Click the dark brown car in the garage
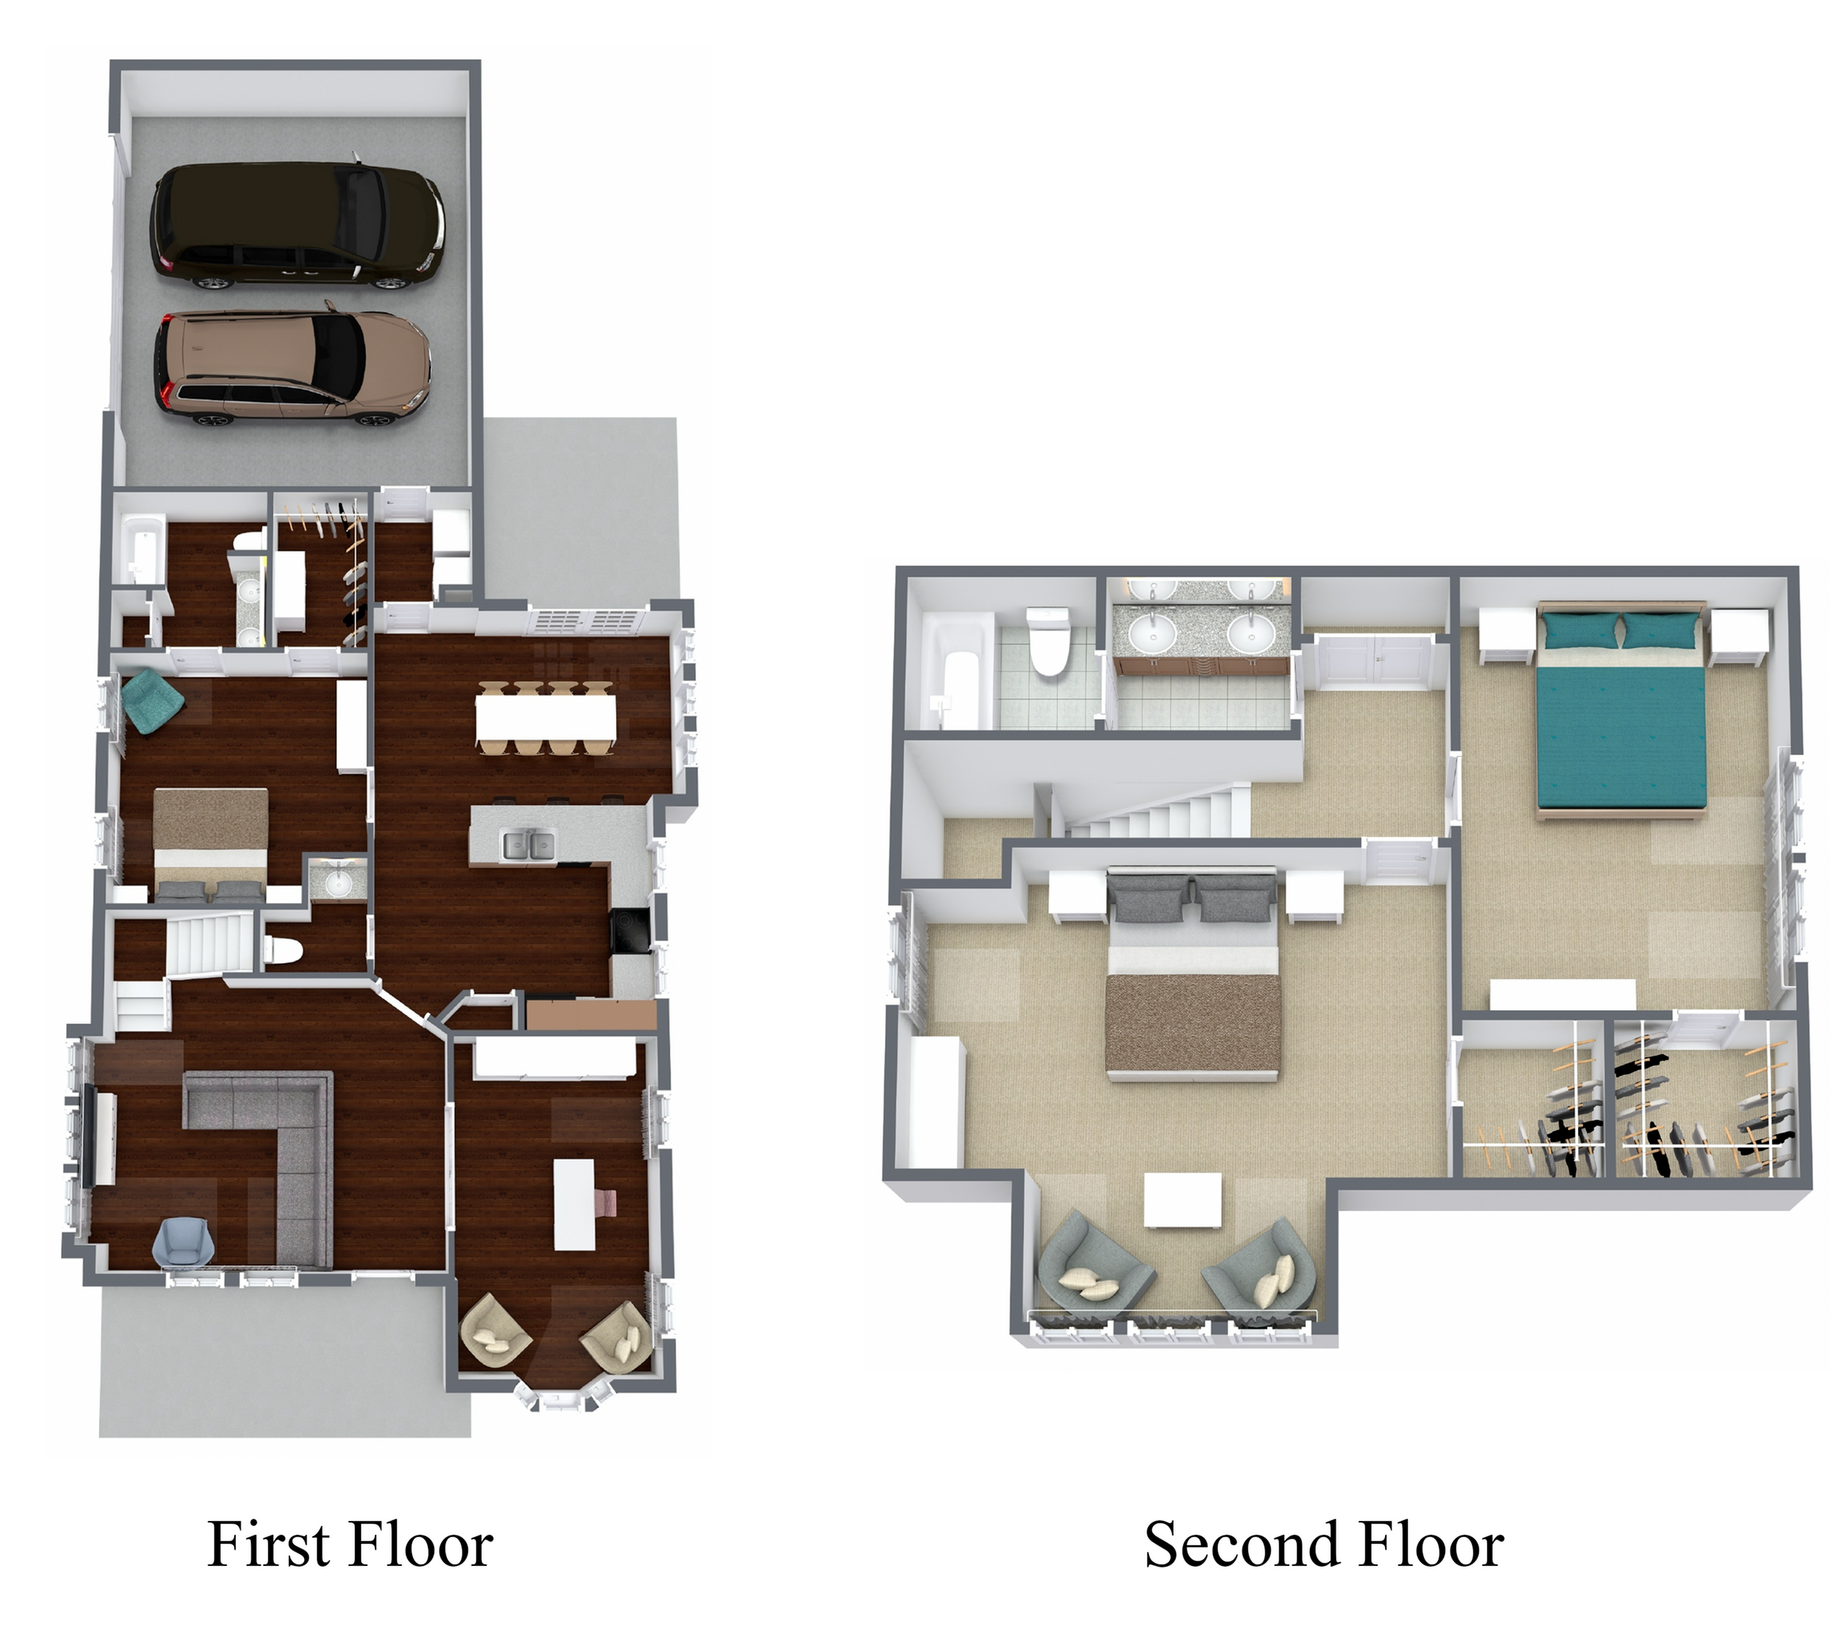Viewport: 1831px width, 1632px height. pos(298,226)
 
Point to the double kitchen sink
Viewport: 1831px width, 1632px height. pos(528,845)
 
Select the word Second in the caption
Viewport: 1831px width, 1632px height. pos(1229,1544)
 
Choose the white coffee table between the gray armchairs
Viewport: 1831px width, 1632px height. pos(1183,1200)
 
